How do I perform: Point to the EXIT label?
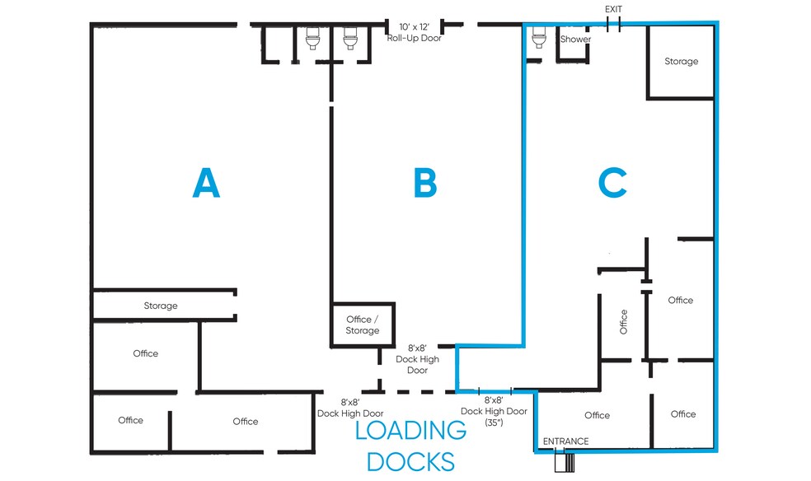tap(613, 9)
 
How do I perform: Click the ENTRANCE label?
tap(565, 441)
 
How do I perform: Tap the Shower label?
tap(575, 40)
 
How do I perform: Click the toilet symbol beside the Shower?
tap(539, 37)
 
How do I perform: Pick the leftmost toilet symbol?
tap(312, 38)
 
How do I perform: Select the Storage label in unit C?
tap(681, 62)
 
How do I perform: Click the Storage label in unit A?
tap(161, 306)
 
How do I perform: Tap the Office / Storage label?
tap(363, 325)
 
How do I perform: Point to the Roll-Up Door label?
tap(415, 38)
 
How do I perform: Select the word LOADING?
tap(410, 430)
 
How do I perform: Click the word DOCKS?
tap(410, 460)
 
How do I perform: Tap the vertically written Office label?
tap(624, 321)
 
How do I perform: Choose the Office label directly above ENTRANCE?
tap(597, 415)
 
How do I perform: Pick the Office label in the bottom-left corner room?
tap(130, 420)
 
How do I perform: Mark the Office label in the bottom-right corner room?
tap(682, 414)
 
